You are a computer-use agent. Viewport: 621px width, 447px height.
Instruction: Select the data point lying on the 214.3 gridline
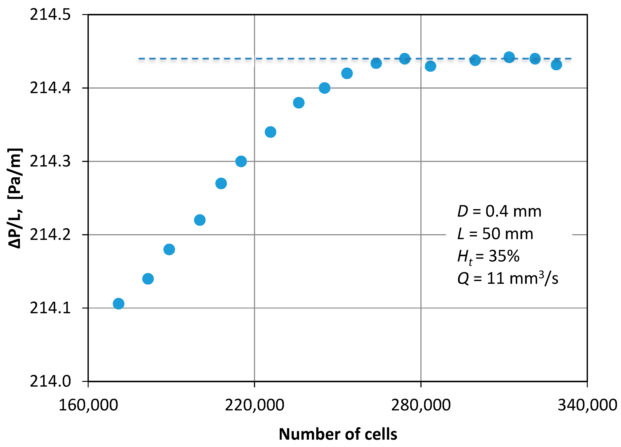(x=241, y=161)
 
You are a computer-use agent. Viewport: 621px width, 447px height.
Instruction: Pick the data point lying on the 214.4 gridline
(x=324, y=88)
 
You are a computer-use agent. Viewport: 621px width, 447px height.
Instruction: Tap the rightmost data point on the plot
(x=556, y=65)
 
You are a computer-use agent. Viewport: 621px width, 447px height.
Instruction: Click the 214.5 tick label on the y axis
(x=50, y=14)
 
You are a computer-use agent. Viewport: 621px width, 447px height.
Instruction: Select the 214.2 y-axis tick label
(x=50, y=235)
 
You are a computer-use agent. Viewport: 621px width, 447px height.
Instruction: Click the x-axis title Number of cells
(x=338, y=434)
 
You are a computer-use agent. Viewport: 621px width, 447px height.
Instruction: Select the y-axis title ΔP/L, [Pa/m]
(x=15, y=198)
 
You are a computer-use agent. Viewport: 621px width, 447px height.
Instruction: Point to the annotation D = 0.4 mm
(x=499, y=212)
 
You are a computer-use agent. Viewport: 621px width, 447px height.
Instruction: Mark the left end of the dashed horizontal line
(x=139, y=59)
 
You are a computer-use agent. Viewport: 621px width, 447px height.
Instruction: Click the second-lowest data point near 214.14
(x=148, y=279)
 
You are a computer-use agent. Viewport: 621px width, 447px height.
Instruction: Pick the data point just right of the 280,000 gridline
(x=430, y=66)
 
